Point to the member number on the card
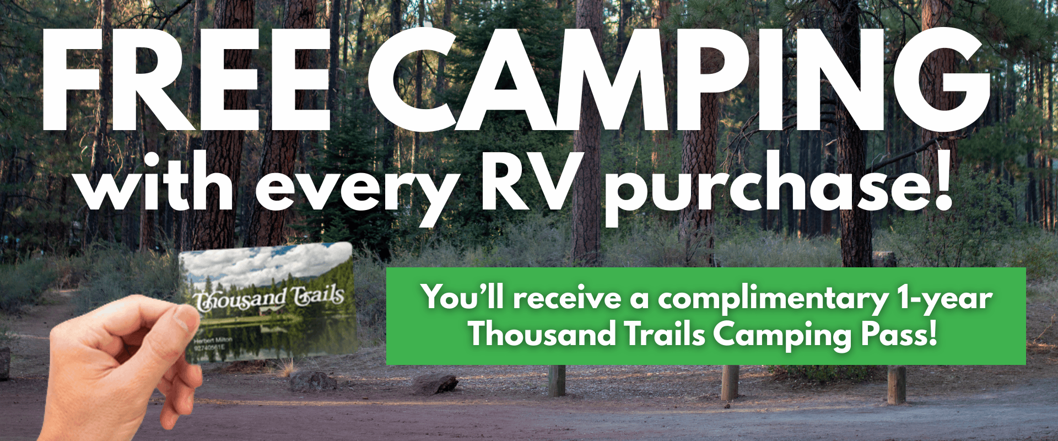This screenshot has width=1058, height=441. (x=209, y=348)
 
